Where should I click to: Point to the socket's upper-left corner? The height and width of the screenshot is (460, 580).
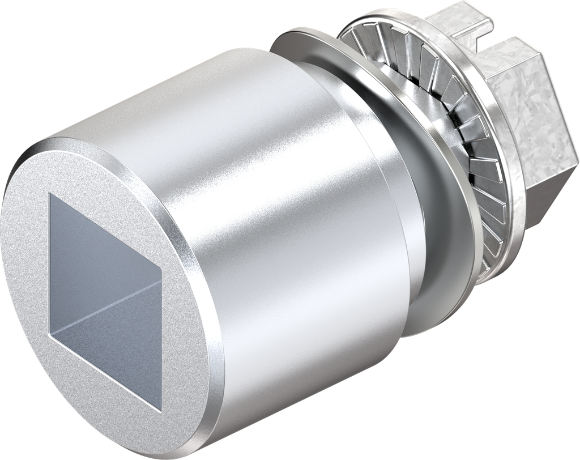[50, 194]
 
